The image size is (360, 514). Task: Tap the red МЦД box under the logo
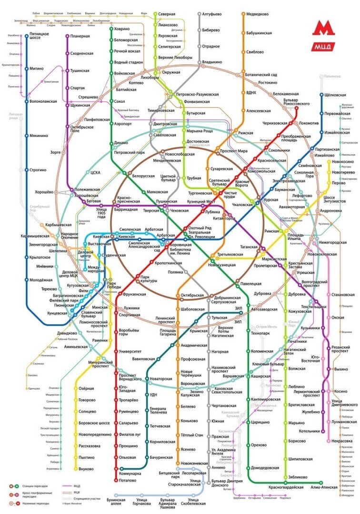tap(324, 47)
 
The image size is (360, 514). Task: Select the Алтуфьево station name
tap(212, 14)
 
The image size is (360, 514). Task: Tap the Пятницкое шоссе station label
tap(40, 37)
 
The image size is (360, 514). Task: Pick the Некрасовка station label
tap(342, 441)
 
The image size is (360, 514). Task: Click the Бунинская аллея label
tap(116, 502)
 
